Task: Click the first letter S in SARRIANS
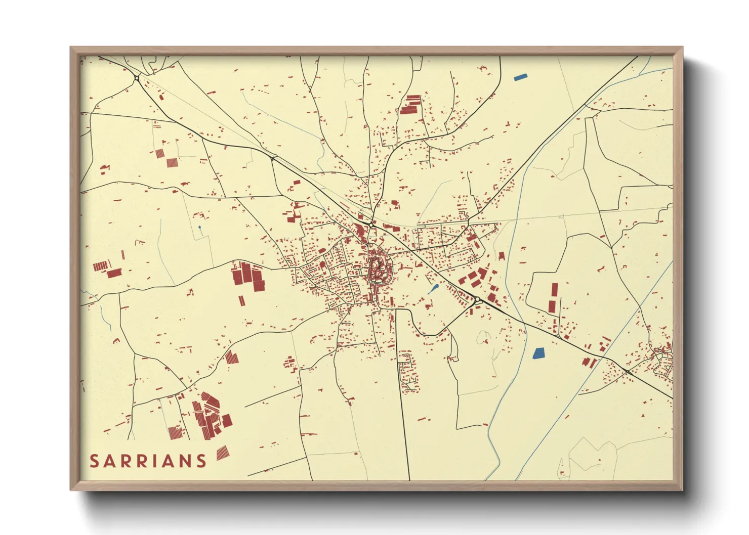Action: click(x=94, y=461)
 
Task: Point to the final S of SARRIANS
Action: click(x=202, y=461)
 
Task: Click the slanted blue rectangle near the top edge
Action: click(x=520, y=77)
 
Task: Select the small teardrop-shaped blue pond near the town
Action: click(x=433, y=290)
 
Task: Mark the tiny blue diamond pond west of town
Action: click(x=200, y=228)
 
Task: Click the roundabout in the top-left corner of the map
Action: click(x=137, y=77)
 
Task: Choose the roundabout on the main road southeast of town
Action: click(x=477, y=300)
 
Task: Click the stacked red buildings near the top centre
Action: click(x=411, y=104)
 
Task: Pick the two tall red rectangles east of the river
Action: click(x=553, y=297)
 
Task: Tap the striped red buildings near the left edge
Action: click(x=101, y=265)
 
